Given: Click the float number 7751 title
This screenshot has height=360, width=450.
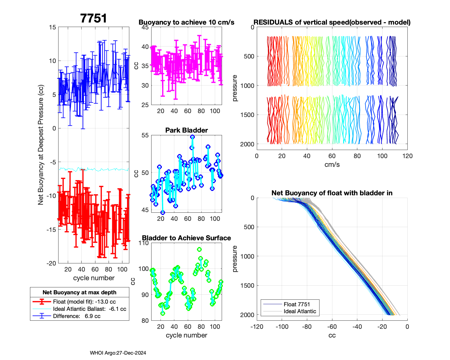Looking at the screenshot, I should coord(94,19).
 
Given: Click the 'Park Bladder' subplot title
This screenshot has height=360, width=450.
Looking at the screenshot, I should coord(187,130).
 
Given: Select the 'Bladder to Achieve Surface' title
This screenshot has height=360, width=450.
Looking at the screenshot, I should coord(186,238).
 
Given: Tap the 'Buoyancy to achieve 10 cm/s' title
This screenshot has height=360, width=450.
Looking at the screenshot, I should coord(186,22).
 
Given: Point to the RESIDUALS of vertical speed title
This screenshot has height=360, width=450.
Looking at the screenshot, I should coord(332,22).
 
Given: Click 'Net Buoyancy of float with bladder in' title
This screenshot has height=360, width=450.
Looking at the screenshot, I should coord(332,193).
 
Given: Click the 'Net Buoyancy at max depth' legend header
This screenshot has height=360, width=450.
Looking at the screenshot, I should coord(79,292).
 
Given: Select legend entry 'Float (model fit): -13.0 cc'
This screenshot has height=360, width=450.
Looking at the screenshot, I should coord(84,302).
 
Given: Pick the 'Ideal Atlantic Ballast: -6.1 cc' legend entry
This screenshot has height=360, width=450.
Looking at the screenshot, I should coord(89,309).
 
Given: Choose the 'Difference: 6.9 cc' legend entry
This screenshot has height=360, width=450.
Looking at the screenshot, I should coord(76,316).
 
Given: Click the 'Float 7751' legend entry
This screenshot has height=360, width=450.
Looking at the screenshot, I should coord(297,304).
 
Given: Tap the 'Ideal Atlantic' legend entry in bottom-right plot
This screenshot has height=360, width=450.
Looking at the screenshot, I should coord(300,311).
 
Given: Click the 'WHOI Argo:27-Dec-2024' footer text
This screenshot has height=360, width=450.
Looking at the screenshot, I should coord(118,353).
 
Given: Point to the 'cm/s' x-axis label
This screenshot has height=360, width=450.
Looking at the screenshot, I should coord(332,165).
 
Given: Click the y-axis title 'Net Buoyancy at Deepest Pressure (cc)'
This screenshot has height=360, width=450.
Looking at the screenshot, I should coord(41,145).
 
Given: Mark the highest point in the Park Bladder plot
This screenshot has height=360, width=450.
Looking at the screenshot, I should coord(193,137).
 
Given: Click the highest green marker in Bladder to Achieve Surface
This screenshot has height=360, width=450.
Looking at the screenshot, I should coord(199,250).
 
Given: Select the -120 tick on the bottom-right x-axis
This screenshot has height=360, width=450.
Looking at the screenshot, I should coord(257,327).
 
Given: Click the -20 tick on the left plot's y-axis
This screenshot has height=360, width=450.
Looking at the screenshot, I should coord(52,263).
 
